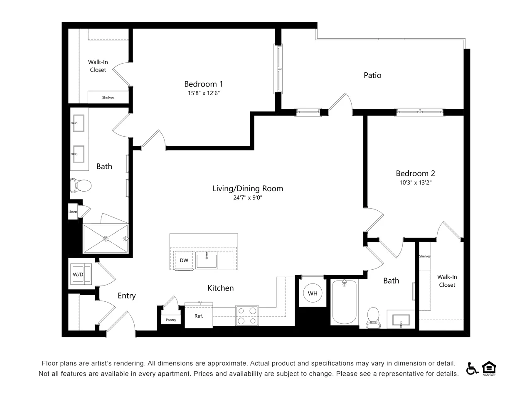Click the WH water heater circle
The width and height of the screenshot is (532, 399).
click(x=313, y=293)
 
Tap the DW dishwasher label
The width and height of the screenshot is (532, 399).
click(x=184, y=261)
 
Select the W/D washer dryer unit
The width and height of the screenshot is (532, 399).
click(x=81, y=274)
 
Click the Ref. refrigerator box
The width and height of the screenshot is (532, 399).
click(x=199, y=315)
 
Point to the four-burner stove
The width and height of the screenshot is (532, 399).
click(x=247, y=315)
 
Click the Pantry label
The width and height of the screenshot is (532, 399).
click(x=171, y=320)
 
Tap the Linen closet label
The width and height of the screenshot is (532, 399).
click(x=72, y=212)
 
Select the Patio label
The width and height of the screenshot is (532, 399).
click(x=372, y=75)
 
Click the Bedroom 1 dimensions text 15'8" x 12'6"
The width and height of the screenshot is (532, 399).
click(x=204, y=93)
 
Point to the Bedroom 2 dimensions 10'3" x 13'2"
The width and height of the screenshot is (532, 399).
click(x=416, y=182)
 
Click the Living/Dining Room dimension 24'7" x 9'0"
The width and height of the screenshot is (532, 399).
click(x=248, y=197)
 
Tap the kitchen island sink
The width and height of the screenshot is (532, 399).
click(x=207, y=260)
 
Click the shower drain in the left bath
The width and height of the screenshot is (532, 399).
click(x=106, y=239)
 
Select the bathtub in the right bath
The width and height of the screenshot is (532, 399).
click(x=344, y=302)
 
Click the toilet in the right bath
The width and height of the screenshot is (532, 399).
click(x=373, y=318)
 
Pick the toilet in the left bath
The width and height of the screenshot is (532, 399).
click(x=81, y=185)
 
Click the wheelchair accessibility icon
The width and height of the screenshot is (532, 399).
click(x=472, y=369)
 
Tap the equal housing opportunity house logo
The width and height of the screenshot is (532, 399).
click(x=489, y=368)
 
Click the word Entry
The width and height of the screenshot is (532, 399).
click(x=126, y=296)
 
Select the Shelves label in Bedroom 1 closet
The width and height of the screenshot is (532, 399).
click(x=108, y=98)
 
